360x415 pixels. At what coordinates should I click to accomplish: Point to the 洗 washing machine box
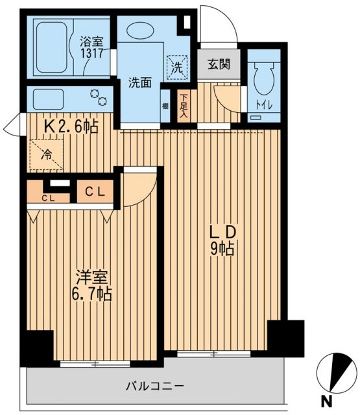click(x=176, y=65)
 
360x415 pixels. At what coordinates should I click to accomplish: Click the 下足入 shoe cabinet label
click(x=183, y=106)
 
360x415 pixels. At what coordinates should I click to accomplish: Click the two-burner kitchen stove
click(x=101, y=97)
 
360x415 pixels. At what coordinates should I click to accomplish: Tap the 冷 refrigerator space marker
click(x=47, y=156)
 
